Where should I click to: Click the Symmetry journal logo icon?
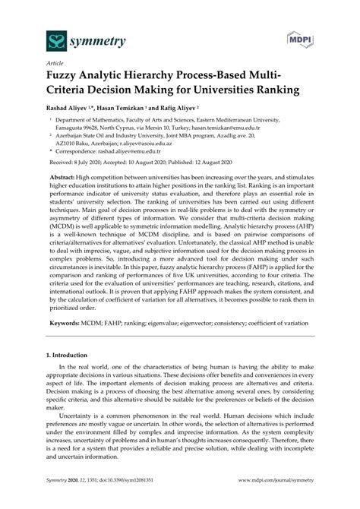(x=35, y=38)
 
